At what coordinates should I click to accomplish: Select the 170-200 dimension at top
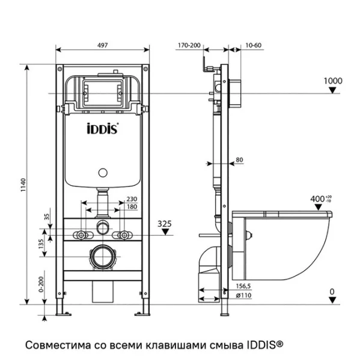(189, 45)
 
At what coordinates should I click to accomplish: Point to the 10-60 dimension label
(254, 45)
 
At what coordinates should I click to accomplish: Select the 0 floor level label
(332, 292)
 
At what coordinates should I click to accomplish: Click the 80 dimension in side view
(239, 160)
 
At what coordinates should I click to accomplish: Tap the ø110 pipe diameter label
(244, 295)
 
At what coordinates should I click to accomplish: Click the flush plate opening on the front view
(104, 94)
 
